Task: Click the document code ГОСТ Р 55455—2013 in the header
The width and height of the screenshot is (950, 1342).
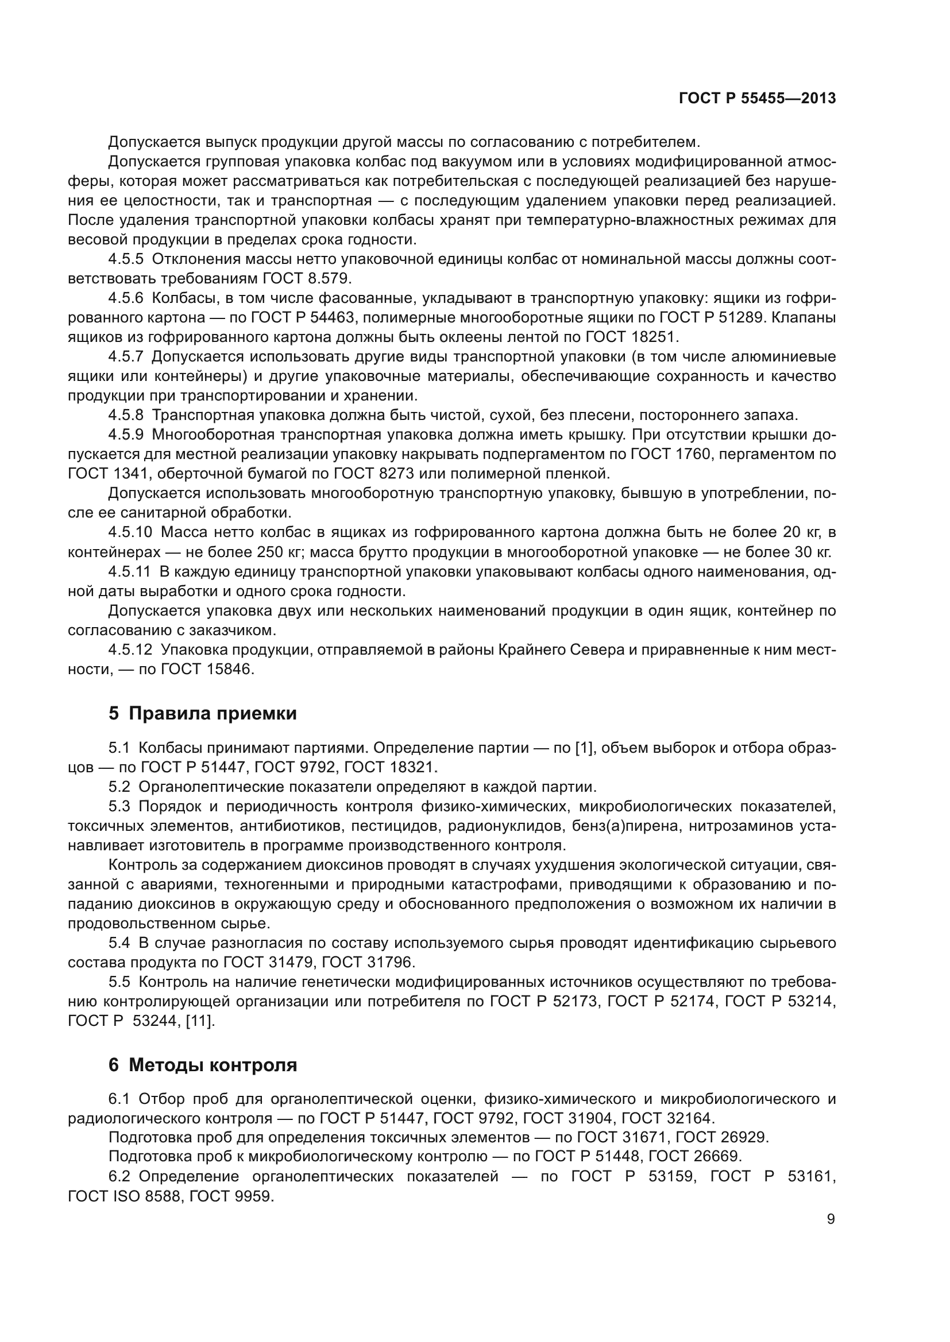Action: tap(757, 99)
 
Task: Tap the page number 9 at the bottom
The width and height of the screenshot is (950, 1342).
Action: tap(831, 1219)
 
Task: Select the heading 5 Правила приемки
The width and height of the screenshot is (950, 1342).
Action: tap(202, 714)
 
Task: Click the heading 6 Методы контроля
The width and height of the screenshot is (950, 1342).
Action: tap(202, 1065)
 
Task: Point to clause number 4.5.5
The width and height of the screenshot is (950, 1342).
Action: tap(126, 259)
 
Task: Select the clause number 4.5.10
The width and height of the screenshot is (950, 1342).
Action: tap(130, 532)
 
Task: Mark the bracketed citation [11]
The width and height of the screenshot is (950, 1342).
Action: tap(200, 1021)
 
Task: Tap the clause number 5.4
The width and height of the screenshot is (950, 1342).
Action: tap(119, 943)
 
